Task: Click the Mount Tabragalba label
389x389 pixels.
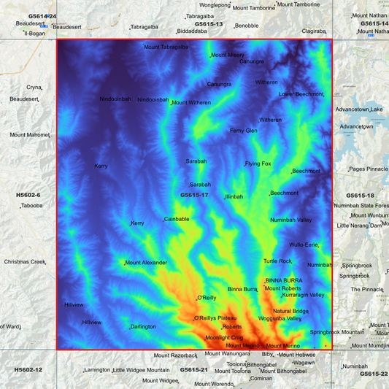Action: coord(166,47)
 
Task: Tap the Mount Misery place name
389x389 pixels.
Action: coord(228,55)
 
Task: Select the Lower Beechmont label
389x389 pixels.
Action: coord(301,94)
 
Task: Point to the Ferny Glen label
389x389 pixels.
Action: coord(244,131)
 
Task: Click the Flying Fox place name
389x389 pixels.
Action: coord(258,163)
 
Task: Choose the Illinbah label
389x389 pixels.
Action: coord(234,197)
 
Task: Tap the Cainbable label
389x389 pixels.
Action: coord(177,219)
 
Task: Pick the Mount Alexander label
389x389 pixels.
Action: coord(147,263)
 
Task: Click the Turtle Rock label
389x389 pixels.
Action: coord(277,261)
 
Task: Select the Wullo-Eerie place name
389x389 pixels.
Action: coord(303,244)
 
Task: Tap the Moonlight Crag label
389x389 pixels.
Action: coord(224,338)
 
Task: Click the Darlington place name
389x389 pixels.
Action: coord(143,326)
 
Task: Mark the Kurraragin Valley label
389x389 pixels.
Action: coord(304,295)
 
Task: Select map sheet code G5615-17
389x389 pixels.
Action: coord(194,195)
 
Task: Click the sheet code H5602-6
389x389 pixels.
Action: coord(28,196)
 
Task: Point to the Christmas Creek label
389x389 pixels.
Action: coord(25,261)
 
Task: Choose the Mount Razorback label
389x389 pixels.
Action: coord(177,355)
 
